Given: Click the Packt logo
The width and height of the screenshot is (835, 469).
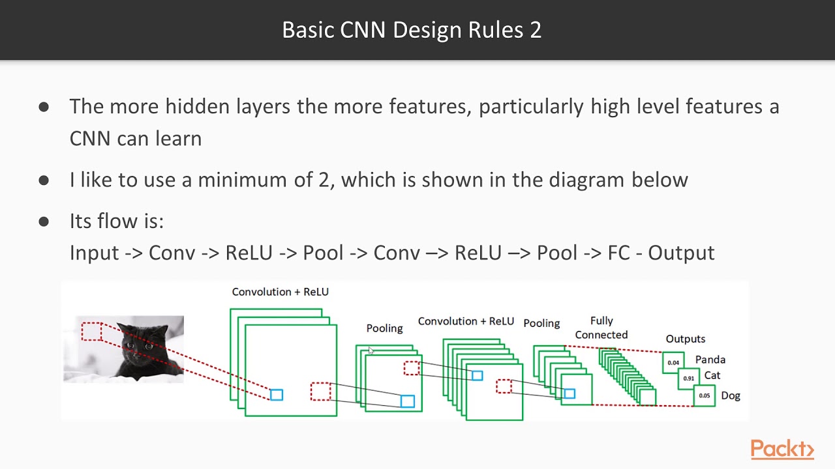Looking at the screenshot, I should coord(782,449).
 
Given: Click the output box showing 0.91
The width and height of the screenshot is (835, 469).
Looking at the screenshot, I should coord(688,378).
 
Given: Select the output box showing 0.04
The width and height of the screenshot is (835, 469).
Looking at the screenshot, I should coord(673,363).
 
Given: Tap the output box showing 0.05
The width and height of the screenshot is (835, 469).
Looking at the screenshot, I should coord(705,395).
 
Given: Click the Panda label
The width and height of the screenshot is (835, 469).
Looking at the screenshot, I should coord(710,360).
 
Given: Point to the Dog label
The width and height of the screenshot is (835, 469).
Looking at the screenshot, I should coord(730,395).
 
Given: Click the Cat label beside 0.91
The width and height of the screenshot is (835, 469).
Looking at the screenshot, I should coord(712,375).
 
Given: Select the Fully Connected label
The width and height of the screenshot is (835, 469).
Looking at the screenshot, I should coord(601,328).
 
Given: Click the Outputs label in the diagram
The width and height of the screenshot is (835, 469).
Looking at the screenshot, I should coord(685,339).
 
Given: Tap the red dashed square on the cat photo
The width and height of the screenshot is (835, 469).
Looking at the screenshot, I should coord(92,332).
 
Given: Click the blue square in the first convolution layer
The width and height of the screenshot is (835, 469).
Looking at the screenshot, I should coord(276,395).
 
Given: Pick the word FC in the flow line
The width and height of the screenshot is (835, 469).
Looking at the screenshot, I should coord(618,253).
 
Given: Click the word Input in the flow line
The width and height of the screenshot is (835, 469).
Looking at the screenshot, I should coord(94,253).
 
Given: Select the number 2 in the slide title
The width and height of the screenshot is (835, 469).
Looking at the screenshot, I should coord(536,30).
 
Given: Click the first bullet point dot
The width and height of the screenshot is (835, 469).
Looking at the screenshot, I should coord(44,107).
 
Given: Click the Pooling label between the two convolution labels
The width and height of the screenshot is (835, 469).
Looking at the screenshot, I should coord(384,328).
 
